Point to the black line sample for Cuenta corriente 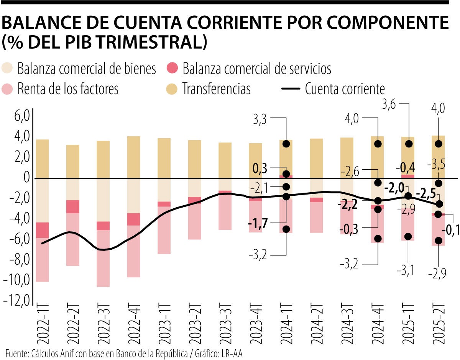pyautogui.click(x=290, y=89)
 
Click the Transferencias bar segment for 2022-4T pyautogui.click(x=133, y=157)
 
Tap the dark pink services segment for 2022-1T pyautogui.click(x=42, y=230)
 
